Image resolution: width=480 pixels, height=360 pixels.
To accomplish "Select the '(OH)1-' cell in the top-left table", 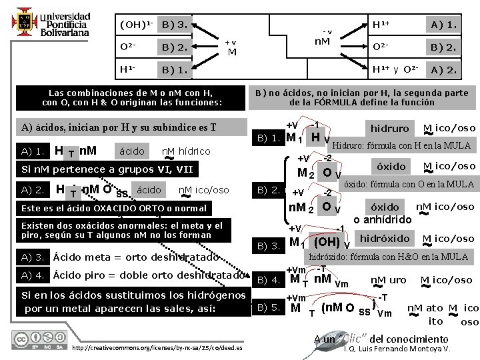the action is (x=136, y=25).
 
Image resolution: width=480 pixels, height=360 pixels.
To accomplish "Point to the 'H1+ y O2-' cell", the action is (x=395, y=69).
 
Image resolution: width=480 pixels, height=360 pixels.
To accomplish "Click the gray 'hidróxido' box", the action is (x=385, y=239).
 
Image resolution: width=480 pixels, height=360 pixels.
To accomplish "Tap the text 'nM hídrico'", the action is (x=186, y=151).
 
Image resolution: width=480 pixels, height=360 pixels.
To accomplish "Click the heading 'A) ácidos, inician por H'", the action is (x=119, y=127).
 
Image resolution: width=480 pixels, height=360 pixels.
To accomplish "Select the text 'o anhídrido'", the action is (x=382, y=220).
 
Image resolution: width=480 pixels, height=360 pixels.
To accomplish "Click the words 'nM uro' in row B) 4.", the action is (x=387, y=280).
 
